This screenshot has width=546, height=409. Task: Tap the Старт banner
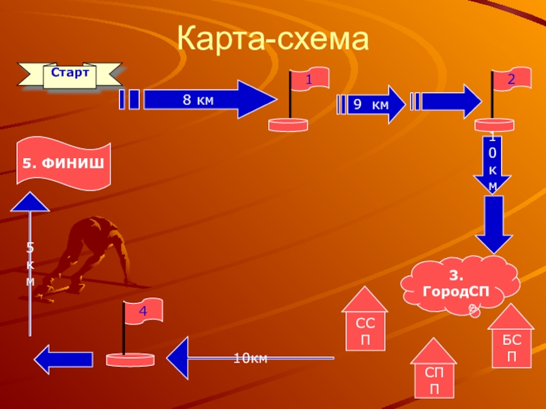tap(70, 74)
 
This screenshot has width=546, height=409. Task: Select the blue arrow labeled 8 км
tap(205, 100)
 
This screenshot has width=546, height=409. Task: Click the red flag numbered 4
tap(142, 312)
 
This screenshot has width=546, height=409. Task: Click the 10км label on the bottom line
tap(250, 359)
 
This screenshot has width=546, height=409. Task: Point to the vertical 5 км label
tap(30, 263)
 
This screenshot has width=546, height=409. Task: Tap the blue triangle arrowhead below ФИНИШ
tap(30, 202)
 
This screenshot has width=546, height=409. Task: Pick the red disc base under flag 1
tap(289, 125)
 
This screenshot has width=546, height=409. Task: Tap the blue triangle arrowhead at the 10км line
tap(177, 358)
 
